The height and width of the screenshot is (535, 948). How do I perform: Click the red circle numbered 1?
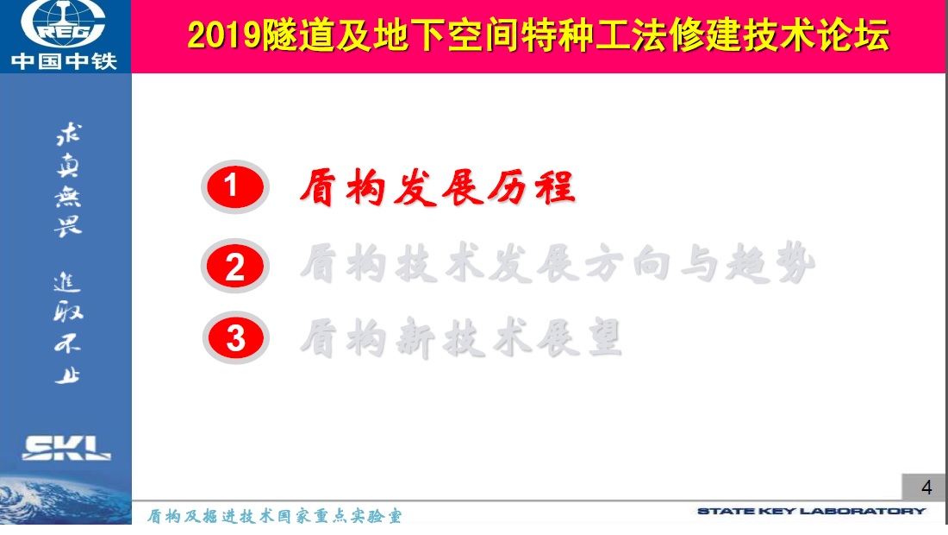tap(234, 186)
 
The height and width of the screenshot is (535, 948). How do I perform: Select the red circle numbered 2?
tap(234, 267)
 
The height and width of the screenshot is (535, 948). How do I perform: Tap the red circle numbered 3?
tap(235, 337)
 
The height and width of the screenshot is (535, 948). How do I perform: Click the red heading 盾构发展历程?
tap(437, 187)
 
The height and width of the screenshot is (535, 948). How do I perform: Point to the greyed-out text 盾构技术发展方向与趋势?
tap(558, 263)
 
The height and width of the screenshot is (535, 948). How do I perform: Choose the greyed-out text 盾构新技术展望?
tap(461, 337)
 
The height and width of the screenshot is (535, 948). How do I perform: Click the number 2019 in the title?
tap(224, 35)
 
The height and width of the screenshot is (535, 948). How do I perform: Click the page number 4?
tap(926, 488)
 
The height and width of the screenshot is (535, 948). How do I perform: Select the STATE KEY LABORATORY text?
tap(811, 511)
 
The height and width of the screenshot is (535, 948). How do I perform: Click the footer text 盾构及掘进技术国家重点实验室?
tap(274, 516)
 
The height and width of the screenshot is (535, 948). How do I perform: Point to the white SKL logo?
tap(66, 448)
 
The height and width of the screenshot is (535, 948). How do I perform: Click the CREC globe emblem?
tap(64, 23)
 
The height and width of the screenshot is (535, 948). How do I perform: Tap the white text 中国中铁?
tap(64, 61)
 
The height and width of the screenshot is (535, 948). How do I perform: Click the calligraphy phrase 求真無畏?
tap(68, 179)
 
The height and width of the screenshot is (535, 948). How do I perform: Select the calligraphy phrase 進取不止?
tap(68, 329)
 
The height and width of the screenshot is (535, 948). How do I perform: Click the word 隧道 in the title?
tap(297, 35)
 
